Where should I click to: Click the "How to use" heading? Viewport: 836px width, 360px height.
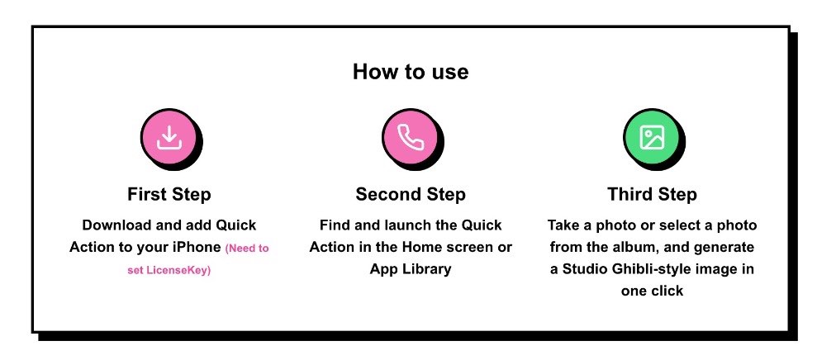411,71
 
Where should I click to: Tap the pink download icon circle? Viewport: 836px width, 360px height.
169,138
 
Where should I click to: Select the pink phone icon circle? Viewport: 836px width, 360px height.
411,138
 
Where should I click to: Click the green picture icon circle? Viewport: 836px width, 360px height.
652,138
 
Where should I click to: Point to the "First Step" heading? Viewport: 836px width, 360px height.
169,194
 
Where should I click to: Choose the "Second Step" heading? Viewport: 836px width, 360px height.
411,194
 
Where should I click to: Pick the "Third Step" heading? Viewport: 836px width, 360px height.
652,194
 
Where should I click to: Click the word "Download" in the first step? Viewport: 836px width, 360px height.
117,225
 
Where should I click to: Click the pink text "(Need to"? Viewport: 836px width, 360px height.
247,249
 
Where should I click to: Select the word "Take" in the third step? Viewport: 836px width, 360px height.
563,225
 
